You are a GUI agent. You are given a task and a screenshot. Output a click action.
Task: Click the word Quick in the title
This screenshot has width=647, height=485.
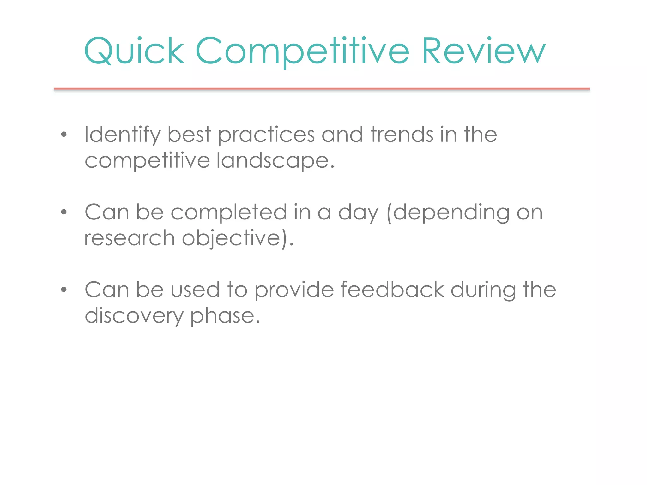134,51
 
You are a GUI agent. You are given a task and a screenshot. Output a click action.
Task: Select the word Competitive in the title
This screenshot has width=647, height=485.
302,51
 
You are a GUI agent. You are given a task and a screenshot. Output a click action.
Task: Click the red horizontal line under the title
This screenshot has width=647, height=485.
322,89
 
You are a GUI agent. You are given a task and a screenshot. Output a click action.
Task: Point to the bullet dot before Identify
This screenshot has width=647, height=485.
64,135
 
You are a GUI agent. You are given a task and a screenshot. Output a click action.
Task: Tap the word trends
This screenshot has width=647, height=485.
402,135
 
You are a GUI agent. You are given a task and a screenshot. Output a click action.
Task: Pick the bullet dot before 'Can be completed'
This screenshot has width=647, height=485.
64,212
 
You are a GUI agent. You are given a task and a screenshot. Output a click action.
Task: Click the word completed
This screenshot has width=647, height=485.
229,213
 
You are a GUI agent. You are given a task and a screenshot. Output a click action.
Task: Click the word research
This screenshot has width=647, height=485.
130,238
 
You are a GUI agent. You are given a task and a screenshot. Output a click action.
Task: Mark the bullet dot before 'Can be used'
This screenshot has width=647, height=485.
64,290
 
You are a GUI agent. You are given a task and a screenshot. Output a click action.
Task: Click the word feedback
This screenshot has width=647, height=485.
392,290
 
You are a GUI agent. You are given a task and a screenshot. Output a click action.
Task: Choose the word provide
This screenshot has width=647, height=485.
294,290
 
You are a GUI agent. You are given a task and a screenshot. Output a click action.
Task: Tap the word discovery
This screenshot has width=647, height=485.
134,316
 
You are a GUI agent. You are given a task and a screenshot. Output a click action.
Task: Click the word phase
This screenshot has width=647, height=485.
225,316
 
